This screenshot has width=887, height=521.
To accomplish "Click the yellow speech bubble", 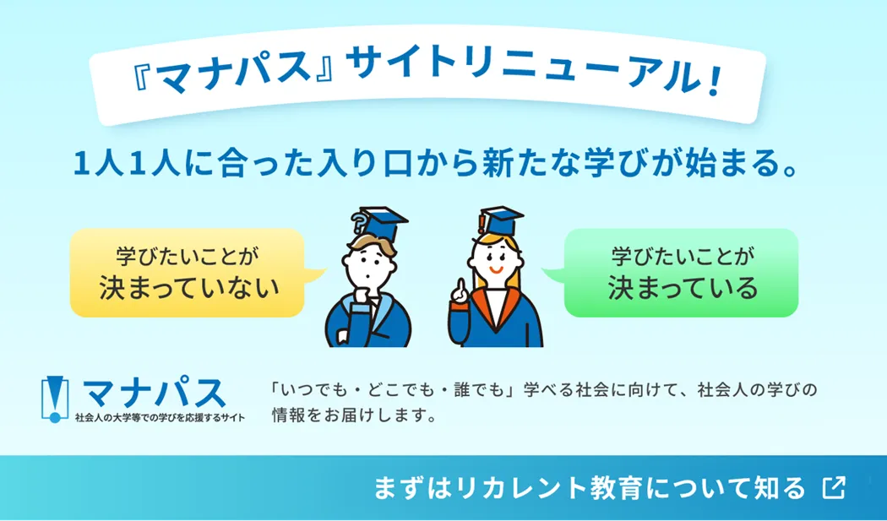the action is (188, 272).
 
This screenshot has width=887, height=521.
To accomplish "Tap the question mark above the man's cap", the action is (359, 222).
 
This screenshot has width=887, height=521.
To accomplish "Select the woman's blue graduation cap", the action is (501, 221).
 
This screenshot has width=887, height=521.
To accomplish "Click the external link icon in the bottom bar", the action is (834, 487).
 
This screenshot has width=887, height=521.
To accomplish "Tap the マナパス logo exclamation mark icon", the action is (55, 399).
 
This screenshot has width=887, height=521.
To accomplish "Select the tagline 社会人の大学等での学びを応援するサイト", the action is (161, 417).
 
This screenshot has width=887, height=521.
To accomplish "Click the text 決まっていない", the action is (189, 287).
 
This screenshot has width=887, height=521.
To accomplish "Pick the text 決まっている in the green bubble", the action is (683, 287).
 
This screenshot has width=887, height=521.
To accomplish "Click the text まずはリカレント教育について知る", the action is (589, 488).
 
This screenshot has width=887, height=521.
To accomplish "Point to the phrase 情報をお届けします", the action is (355, 415).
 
